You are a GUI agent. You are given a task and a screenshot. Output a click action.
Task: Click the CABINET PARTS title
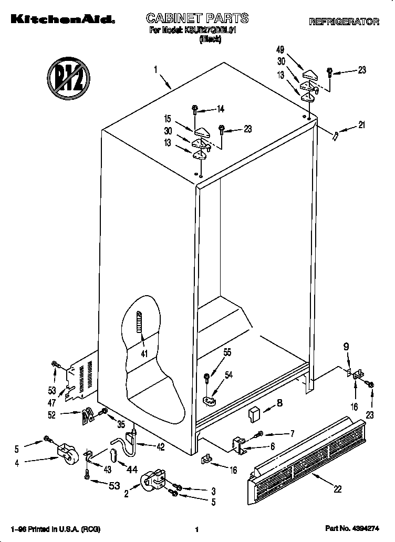pyautogui.click(x=197, y=19)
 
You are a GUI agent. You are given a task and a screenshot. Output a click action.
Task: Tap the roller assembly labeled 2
pyautogui.click(x=153, y=480)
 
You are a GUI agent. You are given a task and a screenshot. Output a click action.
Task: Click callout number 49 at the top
pyautogui.click(x=280, y=49)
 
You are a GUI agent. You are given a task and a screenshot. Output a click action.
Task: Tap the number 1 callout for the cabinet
pyautogui.click(x=155, y=69)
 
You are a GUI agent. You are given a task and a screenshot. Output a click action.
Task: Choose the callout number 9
pyautogui.click(x=346, y=347)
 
